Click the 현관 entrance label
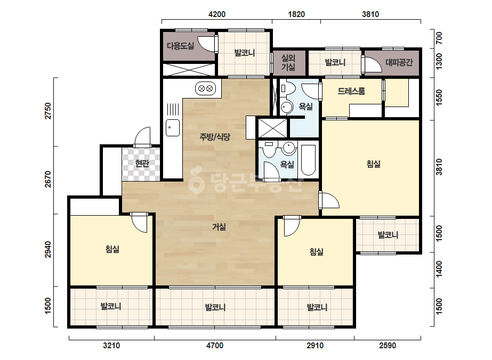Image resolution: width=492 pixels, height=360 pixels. [142, 163]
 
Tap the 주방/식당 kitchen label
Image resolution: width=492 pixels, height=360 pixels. [215, 137]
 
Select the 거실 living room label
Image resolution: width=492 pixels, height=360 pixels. [219, 227]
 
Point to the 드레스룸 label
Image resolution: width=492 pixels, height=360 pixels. [351, 91]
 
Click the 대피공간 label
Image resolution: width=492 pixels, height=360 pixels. [399, 62]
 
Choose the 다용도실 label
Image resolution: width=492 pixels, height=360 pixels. [180, 46]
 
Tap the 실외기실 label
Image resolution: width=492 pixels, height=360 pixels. [288, 62]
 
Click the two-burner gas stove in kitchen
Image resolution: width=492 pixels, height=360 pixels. [206, 88]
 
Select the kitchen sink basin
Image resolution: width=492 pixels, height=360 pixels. [173, 128]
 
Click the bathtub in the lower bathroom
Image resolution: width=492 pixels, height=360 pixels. [309, 160]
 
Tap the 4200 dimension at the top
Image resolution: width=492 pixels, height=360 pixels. [217, 14]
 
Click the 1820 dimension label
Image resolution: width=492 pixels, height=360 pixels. [296, 14]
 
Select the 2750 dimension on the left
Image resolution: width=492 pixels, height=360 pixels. [48, 111]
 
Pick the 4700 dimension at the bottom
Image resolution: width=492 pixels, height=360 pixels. [215, 346]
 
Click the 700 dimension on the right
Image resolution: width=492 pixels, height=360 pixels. [439, 38]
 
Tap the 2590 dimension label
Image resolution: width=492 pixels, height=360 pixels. [388, 346]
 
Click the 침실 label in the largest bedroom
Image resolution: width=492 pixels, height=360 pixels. [373, 163]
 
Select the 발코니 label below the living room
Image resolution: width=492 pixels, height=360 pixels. [215, 307]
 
